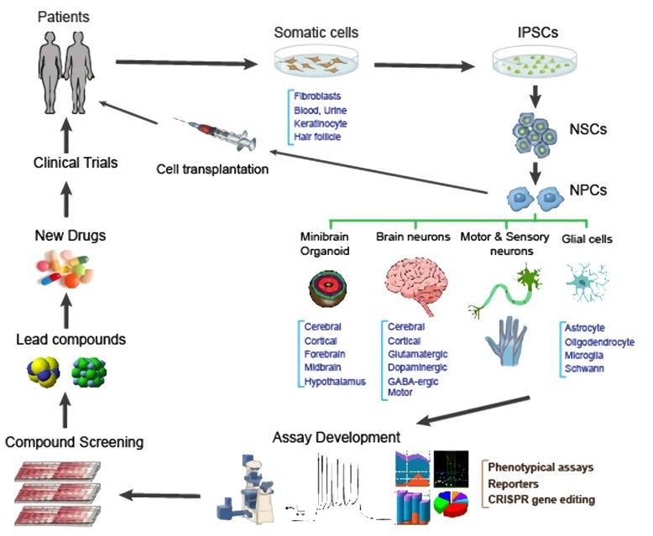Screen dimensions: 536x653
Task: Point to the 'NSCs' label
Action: point(588,130)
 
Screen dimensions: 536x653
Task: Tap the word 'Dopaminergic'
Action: point(417,367)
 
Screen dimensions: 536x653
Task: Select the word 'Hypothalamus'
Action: point(336,382)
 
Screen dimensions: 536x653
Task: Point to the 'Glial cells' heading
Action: point(587,239)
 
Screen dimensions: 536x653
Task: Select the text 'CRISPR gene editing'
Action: point(542,499)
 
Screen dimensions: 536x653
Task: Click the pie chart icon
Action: point(452,506)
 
